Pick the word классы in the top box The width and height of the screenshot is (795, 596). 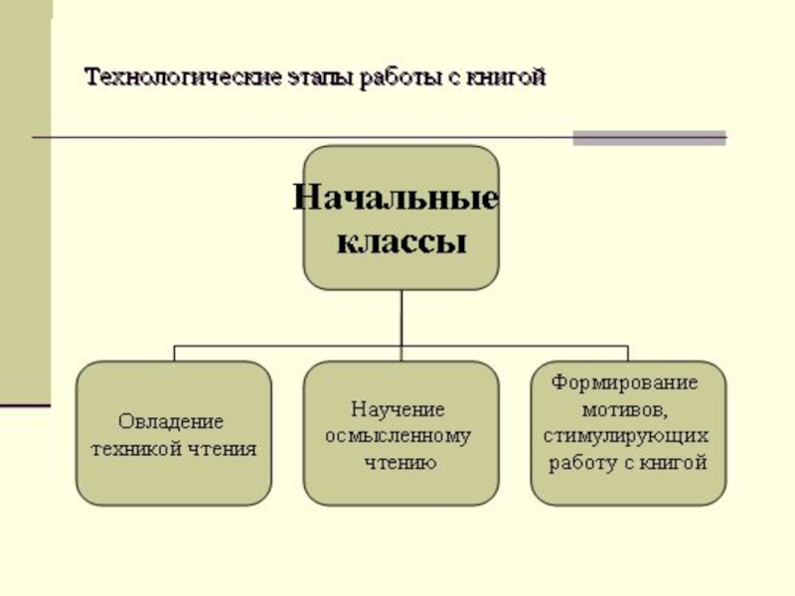tap(399, 241)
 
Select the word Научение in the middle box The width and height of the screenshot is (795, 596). tap(397, 409)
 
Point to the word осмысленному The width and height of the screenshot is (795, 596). tap(399, 436)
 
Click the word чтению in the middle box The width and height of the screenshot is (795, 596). tap(398, 462)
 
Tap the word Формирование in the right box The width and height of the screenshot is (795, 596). tap(625, 382)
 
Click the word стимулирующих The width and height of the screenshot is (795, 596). tap(625, 435)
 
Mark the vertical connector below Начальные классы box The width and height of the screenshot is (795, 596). tap(400, 318)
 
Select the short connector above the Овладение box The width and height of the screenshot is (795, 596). tap(175, 354)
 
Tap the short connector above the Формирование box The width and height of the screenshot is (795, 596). tap(627, 354)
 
